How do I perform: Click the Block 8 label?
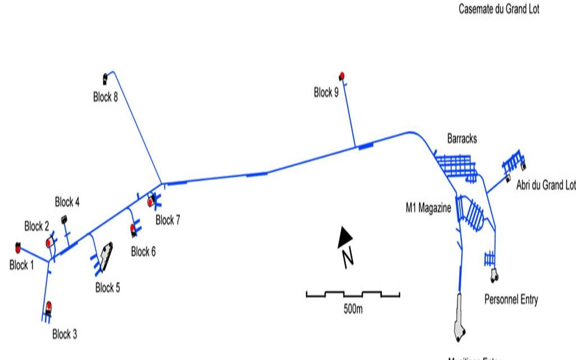click(x=105, y=97)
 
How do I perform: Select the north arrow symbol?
click(x=345, y=237)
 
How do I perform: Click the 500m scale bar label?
click(x=353, y=309)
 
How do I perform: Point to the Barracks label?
click(x=462, y=138)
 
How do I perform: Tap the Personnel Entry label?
click(x=511, y=299)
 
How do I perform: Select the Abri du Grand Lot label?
click(x=546, y=185)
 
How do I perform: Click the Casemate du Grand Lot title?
click(x=499, y=9)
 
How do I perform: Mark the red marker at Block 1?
click(x=18, y=247)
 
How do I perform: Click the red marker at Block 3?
click(x=49, y=306)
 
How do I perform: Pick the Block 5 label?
click(x=107, y=288)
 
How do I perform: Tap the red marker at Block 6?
click(x=133, y=228)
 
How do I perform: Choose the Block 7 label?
click(x=168, y=220)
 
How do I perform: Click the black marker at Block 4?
click(x=64, y=219)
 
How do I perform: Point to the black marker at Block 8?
click(x=105, y=78)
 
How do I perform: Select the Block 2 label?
click(x=37, y=227)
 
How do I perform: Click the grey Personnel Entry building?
click(x=494, y=275)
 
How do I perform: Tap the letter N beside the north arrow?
click(x=348, y=258)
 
